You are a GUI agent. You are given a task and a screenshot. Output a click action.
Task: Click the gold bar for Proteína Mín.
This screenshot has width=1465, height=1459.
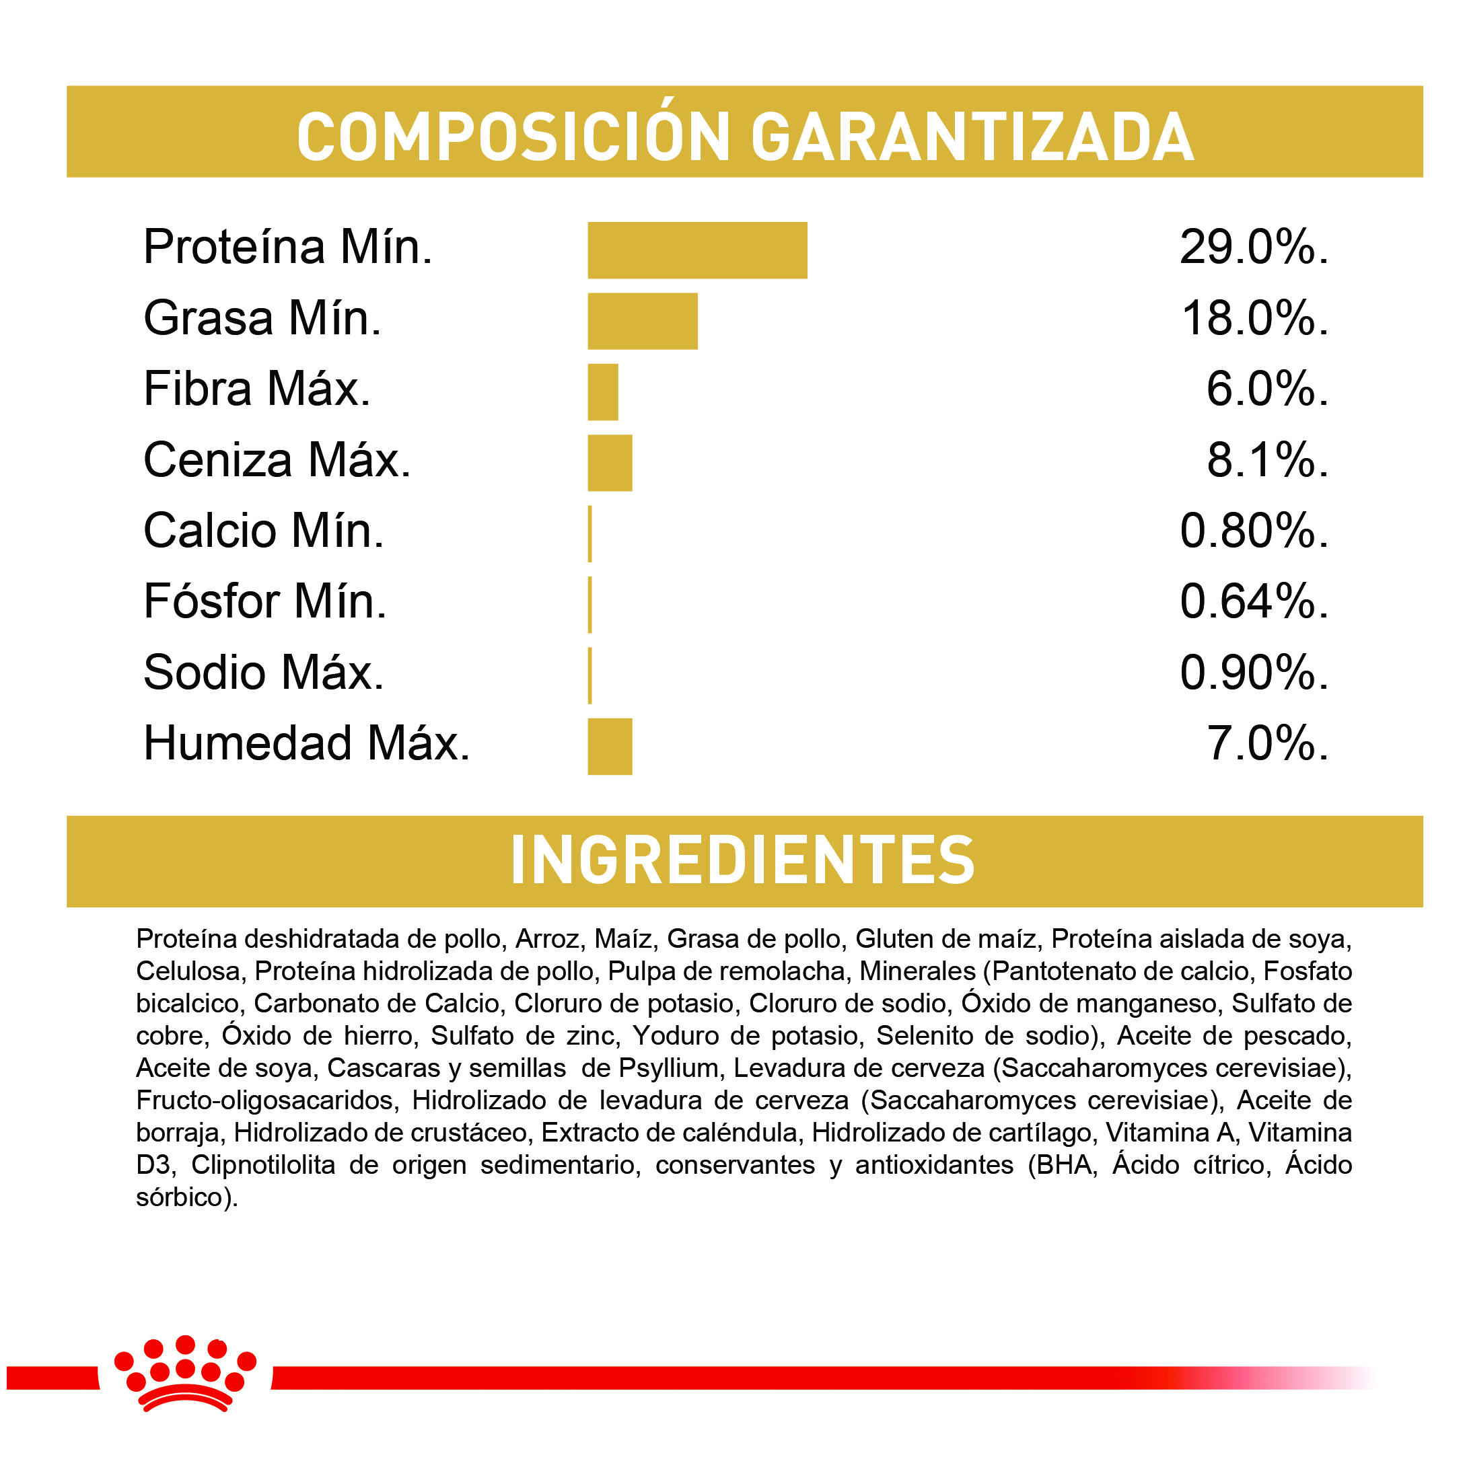coord(697,250)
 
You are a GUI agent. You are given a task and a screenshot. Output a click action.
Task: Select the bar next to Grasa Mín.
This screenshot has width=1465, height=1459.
coord(642,321)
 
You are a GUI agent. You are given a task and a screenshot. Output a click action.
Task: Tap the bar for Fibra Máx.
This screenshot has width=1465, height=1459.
coord(603,392)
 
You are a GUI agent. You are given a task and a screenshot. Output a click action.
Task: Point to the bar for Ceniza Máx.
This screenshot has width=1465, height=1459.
coord(610,462)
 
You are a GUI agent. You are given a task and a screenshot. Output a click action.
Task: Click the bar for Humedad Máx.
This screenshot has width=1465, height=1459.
coord(610,746)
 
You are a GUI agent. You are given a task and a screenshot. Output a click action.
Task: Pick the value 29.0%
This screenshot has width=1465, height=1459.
coord(1252,247)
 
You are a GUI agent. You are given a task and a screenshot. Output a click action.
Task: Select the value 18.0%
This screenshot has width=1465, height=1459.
coord(1254,318)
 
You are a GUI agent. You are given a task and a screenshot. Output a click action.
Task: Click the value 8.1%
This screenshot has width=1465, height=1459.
coord(1267,460)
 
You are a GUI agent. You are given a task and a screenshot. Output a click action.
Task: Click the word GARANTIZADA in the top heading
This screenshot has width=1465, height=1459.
coord(972,137)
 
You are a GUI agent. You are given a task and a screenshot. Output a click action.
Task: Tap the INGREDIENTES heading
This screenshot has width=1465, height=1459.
coord(742,860)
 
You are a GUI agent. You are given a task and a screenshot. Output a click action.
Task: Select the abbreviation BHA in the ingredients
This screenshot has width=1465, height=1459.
coord(1066,1164)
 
